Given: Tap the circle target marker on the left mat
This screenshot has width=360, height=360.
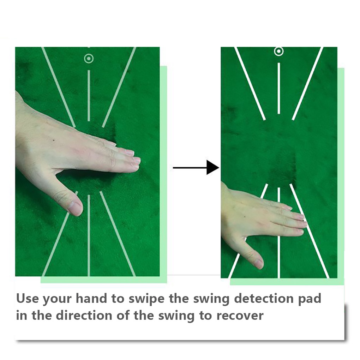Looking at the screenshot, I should [x=89, y=58].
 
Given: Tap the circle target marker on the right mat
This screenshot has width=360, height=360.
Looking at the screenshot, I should [x=279, y=52].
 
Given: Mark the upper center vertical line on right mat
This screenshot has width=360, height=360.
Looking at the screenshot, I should [x=279, y=88].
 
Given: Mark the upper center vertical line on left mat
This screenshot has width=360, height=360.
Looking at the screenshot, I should [x=89, y=95].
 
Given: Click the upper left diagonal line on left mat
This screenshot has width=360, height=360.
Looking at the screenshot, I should [x=58, y=86].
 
